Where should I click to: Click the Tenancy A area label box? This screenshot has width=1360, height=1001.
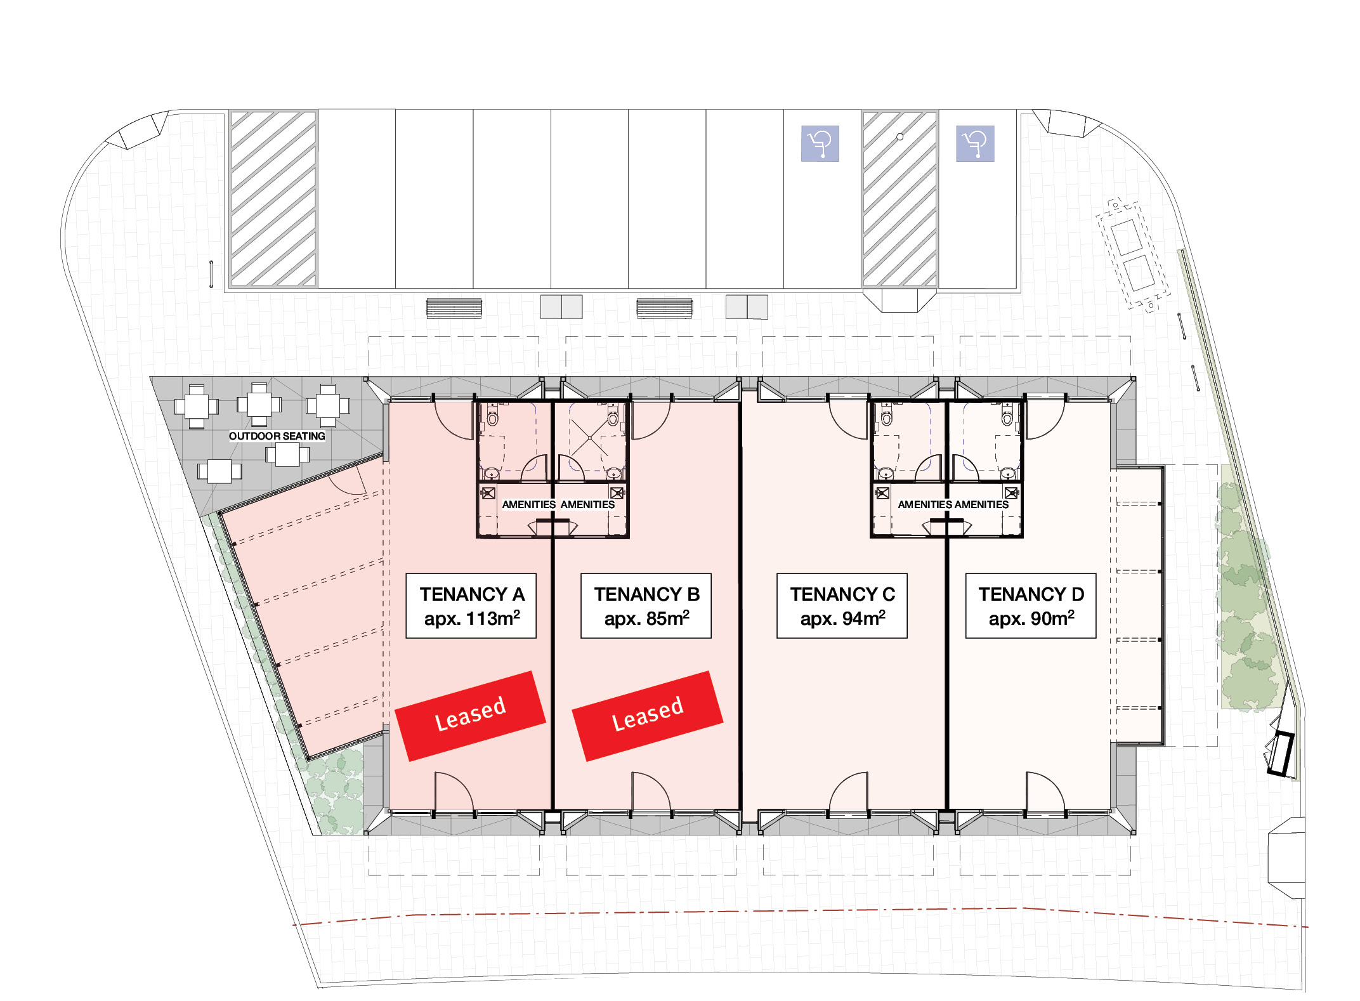pos(471,606)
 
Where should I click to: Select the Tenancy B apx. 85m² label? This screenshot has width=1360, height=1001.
pos(646,606)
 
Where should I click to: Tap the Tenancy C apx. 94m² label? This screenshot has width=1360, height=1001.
pos(842,606)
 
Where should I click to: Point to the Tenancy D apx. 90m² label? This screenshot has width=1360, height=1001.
pos(1031,606)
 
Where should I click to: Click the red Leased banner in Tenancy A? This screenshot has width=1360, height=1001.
pos(470,715)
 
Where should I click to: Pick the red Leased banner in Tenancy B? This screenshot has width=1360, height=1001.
pos(647,715)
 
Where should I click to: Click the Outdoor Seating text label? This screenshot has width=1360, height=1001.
pos(277,436)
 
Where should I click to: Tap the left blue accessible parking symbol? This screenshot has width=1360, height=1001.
pos(820,143)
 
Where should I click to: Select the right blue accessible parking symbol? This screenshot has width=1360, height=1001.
pos(975,143)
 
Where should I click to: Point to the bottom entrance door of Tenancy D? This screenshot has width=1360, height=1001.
pos(1045,793)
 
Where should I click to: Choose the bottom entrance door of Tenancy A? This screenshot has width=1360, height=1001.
pos(454,793)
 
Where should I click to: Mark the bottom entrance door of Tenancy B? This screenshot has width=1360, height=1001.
pos(651,793)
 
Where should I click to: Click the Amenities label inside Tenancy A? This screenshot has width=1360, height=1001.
pos(528,505)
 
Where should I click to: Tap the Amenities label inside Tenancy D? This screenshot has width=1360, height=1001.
pos(981,505)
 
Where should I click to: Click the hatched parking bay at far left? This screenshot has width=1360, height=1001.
pos(273,199)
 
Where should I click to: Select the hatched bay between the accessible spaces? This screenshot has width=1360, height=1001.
pos(899,199)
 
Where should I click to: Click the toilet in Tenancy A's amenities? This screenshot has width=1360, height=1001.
pos(492,417)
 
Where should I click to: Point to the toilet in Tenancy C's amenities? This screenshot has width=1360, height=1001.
pos(887,417)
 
